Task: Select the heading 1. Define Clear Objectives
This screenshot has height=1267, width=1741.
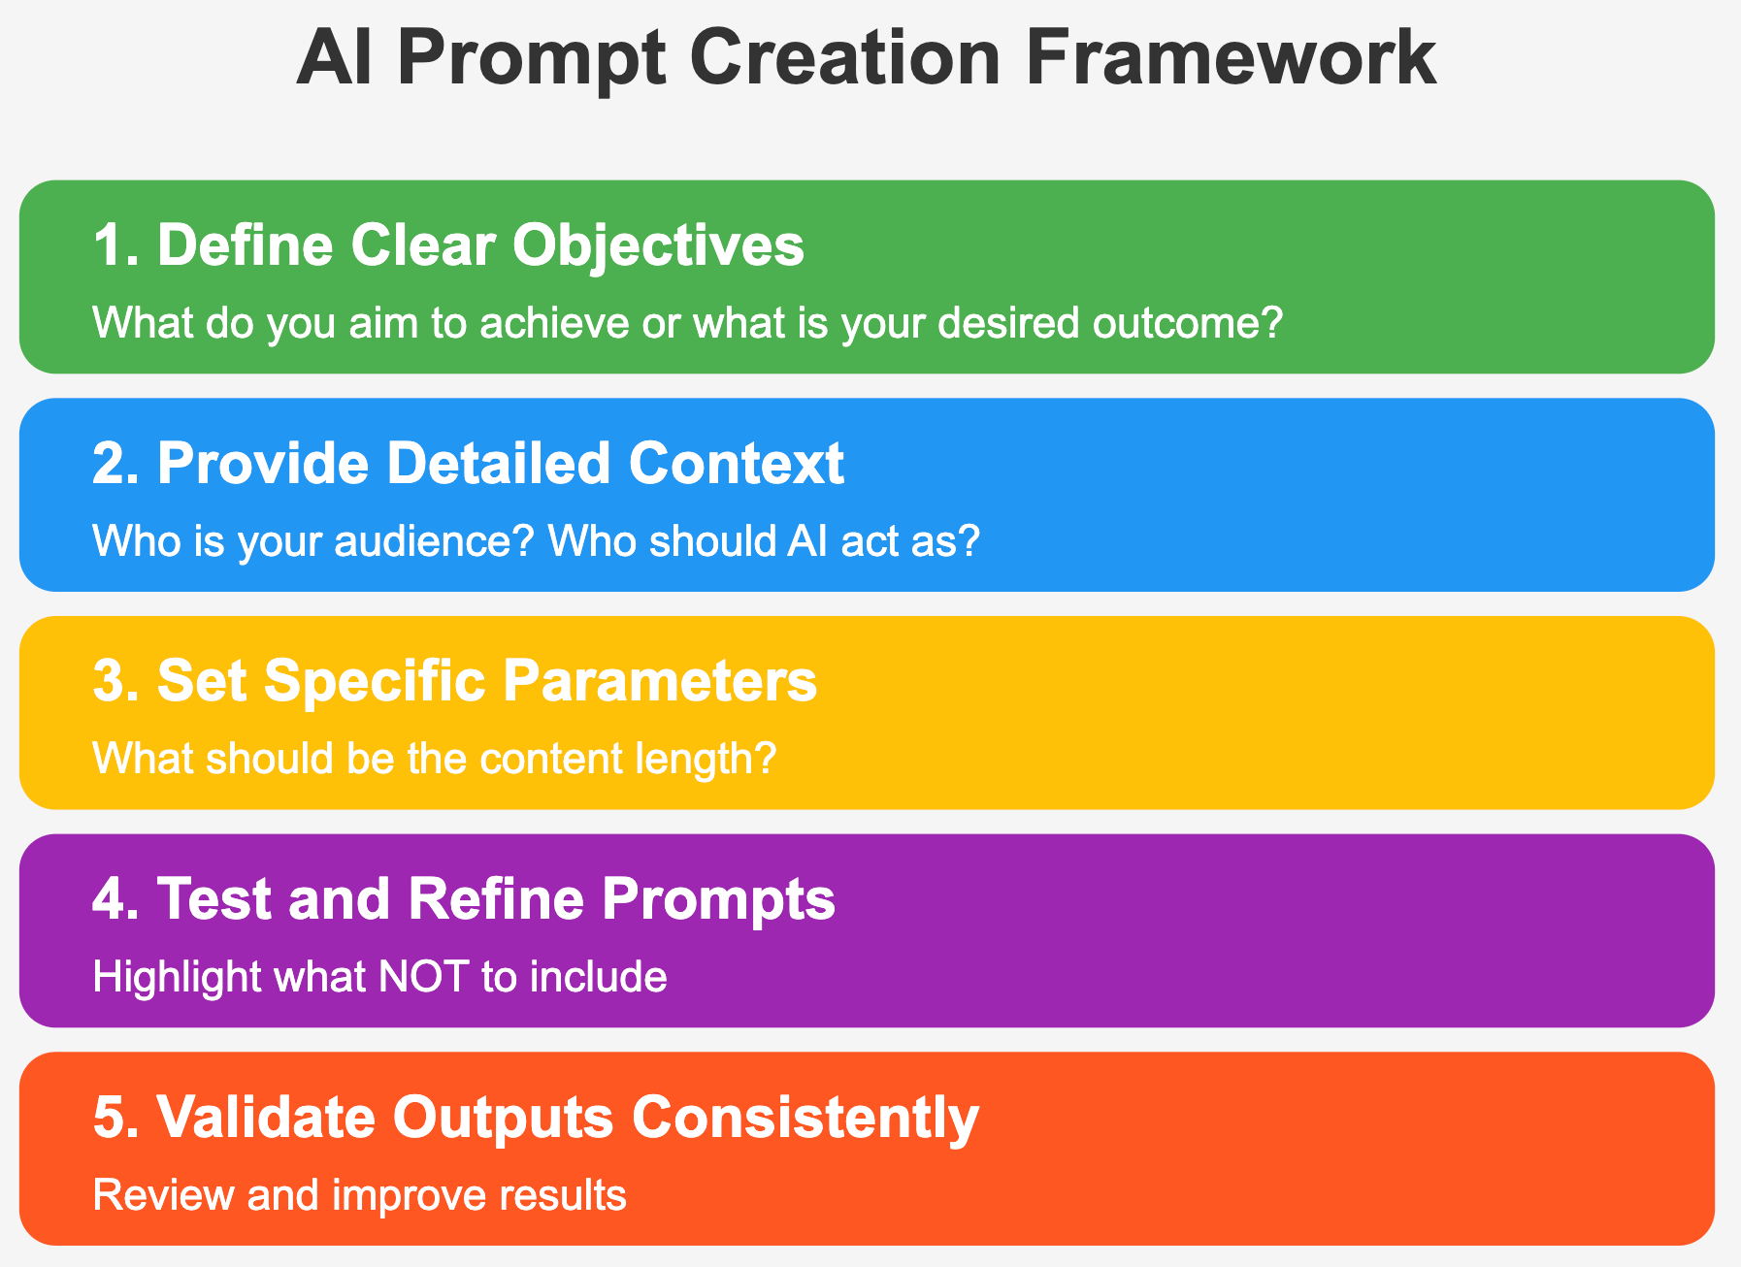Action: coord(448,244)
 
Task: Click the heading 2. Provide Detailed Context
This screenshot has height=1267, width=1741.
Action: coord(468,463)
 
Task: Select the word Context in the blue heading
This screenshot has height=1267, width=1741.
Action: coord(737,463)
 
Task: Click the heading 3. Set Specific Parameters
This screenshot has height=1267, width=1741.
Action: coord(455,680)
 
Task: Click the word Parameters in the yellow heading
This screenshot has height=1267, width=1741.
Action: coord(660,680)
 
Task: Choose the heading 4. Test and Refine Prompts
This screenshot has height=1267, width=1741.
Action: coord(464,898)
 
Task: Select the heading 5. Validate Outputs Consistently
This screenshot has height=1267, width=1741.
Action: coord(536,1117)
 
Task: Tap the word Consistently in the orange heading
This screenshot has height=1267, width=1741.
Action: coord(805,1117)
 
